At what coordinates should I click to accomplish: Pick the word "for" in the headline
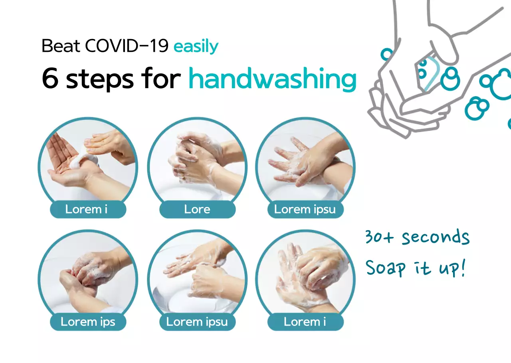tap(164, 79)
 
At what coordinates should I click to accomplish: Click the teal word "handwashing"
tap(272, 79)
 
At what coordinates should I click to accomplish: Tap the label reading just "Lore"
tap(197, 209)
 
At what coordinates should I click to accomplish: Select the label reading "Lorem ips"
tap(88, 322)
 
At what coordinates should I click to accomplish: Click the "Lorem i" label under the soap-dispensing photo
tap(86, 209)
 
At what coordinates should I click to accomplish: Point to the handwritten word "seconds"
tap(436, 238)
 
